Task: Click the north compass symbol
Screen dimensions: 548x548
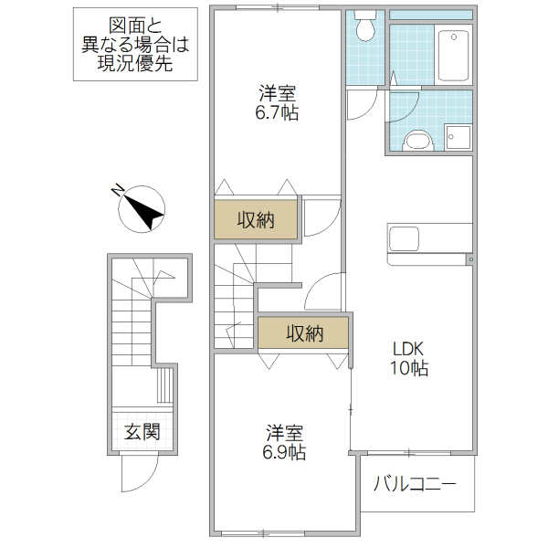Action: pos(142,208)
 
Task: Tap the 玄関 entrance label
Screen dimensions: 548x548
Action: pos(142,431)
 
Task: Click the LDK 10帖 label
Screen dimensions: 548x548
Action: pos(410,358)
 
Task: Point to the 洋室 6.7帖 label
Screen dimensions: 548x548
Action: pos(277,103)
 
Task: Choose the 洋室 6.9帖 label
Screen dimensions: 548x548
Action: pos(284,441)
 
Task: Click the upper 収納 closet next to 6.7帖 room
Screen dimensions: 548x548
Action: pos(257,219)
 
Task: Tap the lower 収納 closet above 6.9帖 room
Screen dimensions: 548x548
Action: pos(302,333)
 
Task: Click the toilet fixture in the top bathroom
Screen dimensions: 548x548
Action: pos(367,26)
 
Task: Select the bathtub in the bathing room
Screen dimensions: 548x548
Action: pos(453,56)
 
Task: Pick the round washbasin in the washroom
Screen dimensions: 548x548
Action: pos(417,141)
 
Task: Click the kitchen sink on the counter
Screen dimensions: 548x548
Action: pos(405,239)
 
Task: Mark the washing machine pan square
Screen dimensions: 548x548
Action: pos(458,137)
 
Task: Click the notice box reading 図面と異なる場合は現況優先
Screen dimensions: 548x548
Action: pos(134,44)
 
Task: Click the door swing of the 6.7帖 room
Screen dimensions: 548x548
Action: pos(320,216)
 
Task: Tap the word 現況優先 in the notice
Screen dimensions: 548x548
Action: pos(134,64)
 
